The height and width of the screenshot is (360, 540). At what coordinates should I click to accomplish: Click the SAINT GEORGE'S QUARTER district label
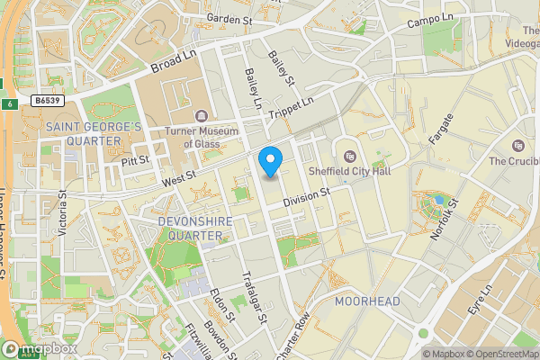coord(94,134)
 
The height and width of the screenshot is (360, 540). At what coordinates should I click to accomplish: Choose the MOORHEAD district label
coord(366,301)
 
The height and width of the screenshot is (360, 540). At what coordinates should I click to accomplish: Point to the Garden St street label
coord(229,17)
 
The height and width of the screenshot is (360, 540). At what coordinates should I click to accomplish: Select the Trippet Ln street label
coord(295,106)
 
